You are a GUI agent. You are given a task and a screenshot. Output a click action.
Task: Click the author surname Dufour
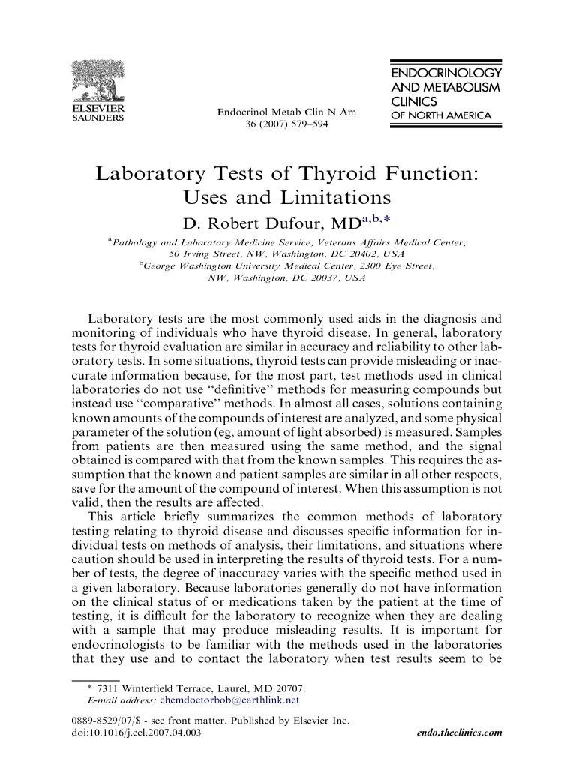[x=289, y=223]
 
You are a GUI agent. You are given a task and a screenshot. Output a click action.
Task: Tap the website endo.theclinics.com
[x=458, y=733]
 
